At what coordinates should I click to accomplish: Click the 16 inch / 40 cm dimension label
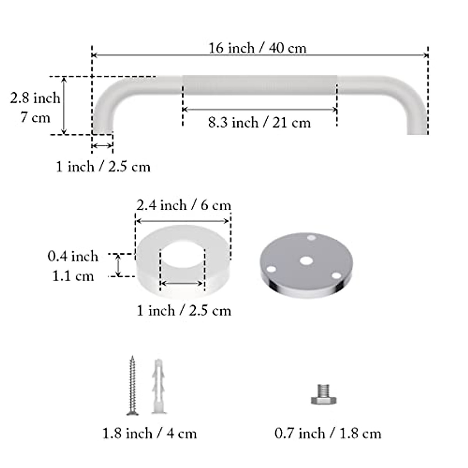tap(257, 49)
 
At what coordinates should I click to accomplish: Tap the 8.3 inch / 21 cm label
tap(259, 123)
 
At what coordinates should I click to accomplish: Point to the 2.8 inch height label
tap(35, 98)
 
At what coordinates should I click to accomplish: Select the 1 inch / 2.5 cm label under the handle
tap(103, 167)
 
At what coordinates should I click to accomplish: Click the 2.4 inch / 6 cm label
tap(183, 205)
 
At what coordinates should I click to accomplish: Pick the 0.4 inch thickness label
tap(73, 257)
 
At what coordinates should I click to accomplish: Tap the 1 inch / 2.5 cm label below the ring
tap(183, 311)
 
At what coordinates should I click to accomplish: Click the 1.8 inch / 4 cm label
tap(149, 433)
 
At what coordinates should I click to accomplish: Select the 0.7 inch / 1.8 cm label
tap(328, 433)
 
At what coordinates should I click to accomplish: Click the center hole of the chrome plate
tap(306, 261)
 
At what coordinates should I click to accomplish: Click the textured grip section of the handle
tap(260, 85)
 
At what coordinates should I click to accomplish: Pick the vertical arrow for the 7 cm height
tap(64, 105)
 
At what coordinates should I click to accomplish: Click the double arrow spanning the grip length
tap(260, 110)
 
